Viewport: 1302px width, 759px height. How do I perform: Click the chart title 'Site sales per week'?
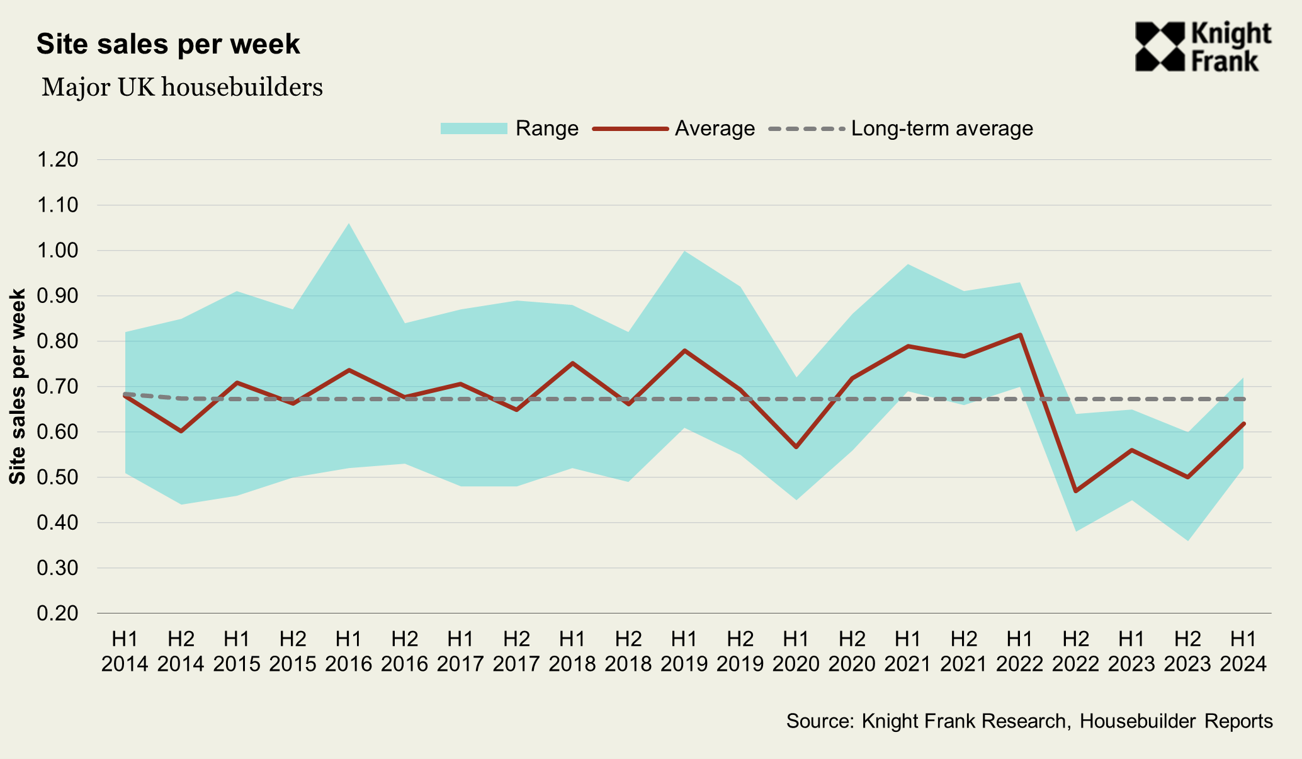coord(168,45)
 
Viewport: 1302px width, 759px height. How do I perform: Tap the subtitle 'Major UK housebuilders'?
coord(182,87)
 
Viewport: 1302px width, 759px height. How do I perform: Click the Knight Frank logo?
coord(1203,47)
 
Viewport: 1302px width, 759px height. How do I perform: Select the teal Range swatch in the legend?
coord(473,128)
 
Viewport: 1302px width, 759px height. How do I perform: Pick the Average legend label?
coord(715,128)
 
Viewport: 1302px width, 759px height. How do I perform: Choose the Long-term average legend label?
coord(942,128)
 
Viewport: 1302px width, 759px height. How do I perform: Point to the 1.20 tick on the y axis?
coord(57,160)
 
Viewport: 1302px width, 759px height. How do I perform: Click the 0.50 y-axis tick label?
coord(57,477)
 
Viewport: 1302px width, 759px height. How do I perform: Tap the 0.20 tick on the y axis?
coord(57,613)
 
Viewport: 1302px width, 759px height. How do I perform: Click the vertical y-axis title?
coord(18,386)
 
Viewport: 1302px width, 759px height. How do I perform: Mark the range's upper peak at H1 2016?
coord(349,224)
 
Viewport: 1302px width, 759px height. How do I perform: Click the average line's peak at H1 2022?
coord(1020,334)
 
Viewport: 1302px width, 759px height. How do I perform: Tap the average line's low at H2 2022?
coord(1075,491)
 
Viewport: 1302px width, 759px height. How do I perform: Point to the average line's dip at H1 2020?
coord(796,447)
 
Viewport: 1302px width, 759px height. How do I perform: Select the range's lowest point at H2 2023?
coord(1187,540)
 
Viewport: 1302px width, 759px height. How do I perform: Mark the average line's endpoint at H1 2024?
coord(1243,423)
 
